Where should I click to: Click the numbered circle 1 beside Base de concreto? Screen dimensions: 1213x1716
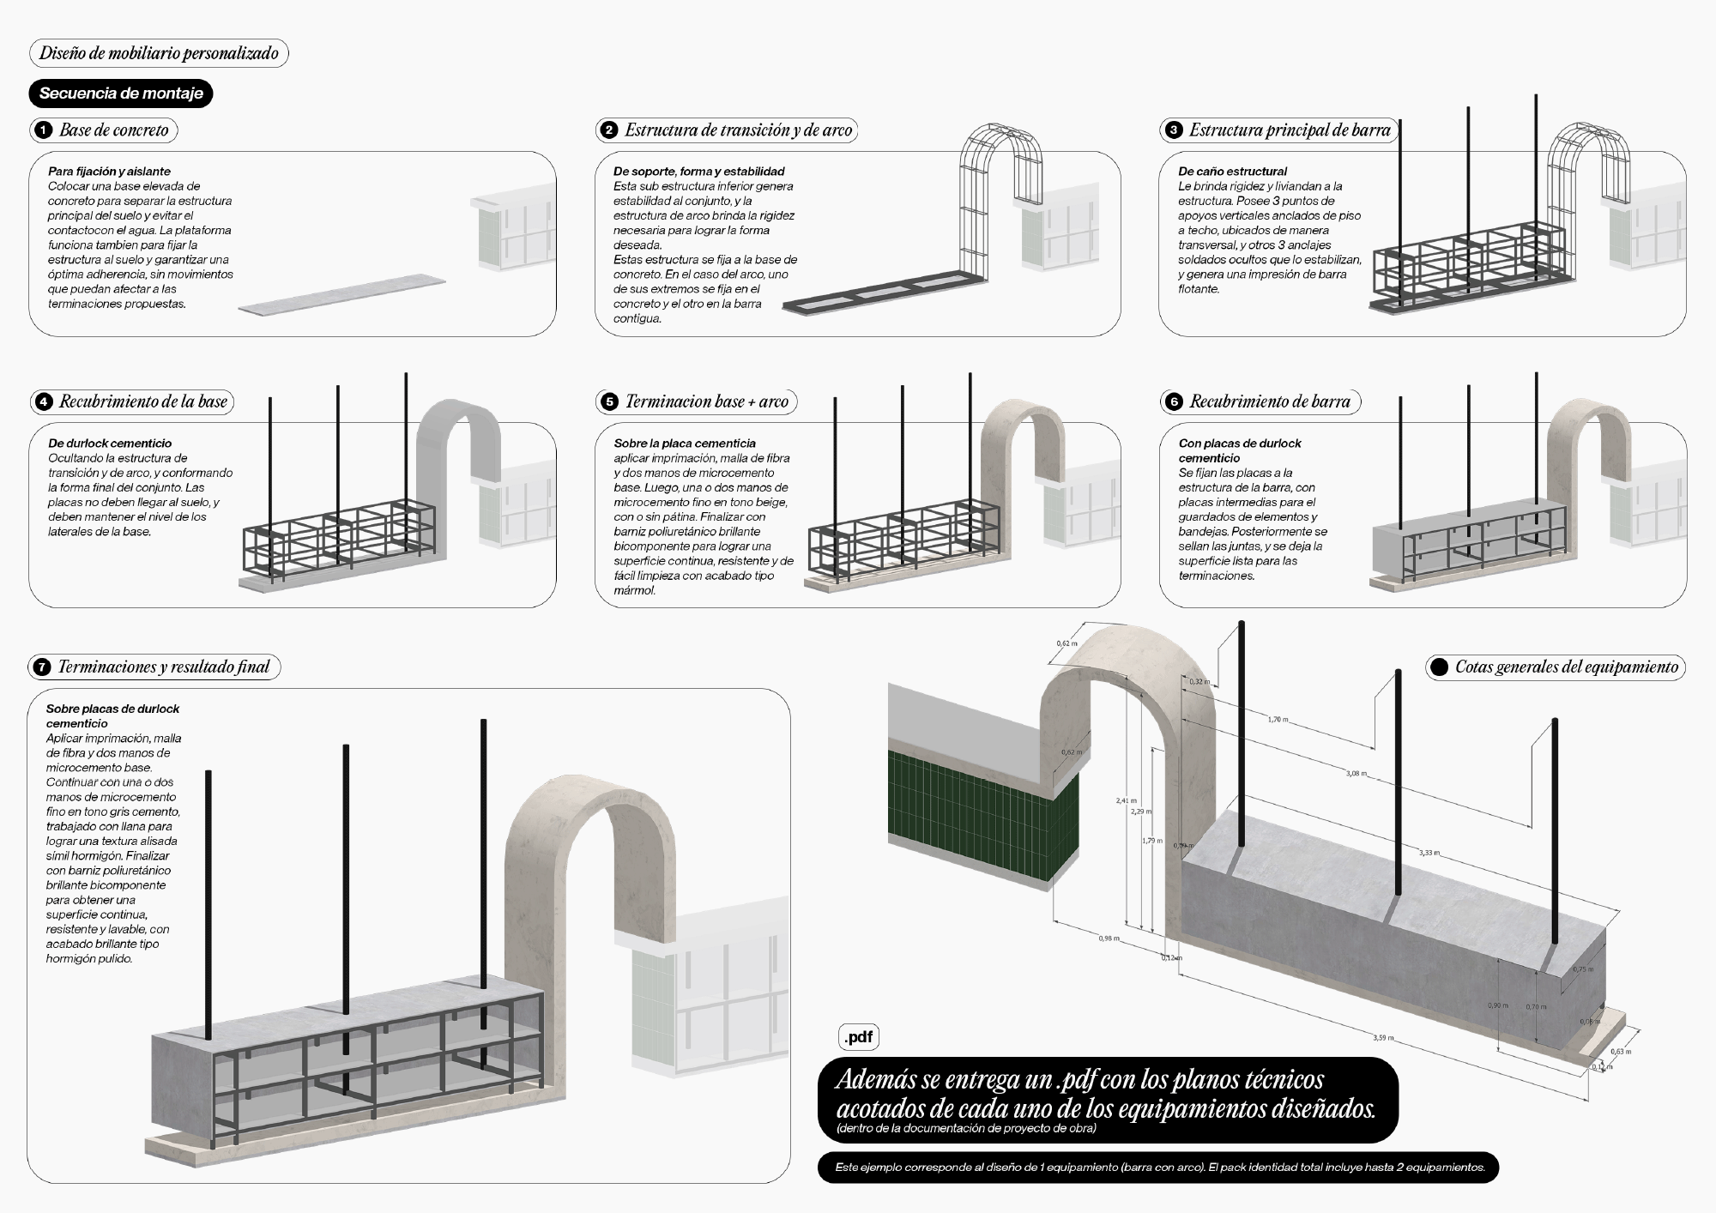click(x=42, y=130)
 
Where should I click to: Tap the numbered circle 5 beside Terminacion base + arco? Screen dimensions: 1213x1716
click(x=609, y=401)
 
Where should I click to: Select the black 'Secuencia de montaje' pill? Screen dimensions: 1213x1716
click(x=121, y=94)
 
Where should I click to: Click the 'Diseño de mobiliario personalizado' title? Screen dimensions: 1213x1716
click(x=159, y=53)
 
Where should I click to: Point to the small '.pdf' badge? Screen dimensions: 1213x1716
click(x=858, y=1037)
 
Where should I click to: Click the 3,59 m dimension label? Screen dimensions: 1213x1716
click(x=1382, y=1038)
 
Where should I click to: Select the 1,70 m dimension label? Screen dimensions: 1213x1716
click(x=1278, y=719)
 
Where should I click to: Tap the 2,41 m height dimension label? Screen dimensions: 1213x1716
click(x=1126, y=800)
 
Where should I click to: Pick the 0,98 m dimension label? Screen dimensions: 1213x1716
click(x=1109, y=938)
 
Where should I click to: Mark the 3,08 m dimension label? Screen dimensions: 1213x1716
click(x=1356, y=774)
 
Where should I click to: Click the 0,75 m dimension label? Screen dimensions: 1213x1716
click(x=1583, y=969)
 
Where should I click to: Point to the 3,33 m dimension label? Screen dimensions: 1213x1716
click(x=1429, y=853)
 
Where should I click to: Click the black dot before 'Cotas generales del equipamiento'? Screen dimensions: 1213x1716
click(x=1440, y=667)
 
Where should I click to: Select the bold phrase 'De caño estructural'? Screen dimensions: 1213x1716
click(x=1232, y=172)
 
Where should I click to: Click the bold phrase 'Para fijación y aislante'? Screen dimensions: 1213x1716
click(x=109, y=172)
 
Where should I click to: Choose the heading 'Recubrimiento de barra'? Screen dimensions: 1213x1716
click(x=1269, y=401)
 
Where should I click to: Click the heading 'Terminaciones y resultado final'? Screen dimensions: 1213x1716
click(x=163, y=667)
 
